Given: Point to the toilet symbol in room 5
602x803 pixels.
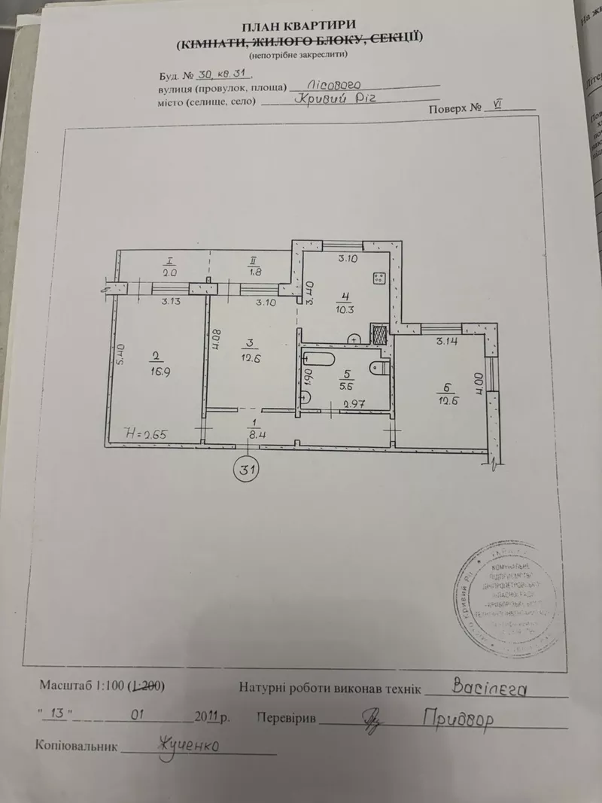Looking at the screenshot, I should click(379, 368).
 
